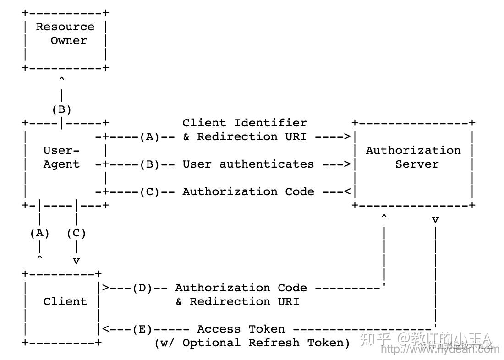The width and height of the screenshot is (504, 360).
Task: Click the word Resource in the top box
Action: click(x=65, y=27)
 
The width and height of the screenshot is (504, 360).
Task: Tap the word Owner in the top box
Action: click(x=68, y=40)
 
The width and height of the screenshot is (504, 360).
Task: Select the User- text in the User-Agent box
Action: click(x=61, y=150)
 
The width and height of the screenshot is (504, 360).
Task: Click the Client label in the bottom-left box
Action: click(x=65, y=301)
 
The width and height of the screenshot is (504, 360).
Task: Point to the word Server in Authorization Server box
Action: click(x=416, y=164)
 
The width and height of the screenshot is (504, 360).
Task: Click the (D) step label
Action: click(x=142, y=288)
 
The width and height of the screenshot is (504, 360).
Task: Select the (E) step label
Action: click(x=142, y=329)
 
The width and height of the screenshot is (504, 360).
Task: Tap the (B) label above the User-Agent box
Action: click(x=61, y=109)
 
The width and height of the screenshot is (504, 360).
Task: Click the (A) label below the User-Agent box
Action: click(x=40, y=233)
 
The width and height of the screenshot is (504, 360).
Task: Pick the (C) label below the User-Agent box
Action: click(x=76, y=233)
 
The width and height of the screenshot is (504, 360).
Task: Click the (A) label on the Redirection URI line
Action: click(x=149, y=136)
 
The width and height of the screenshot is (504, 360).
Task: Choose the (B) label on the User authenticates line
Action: click(x=149, y=164)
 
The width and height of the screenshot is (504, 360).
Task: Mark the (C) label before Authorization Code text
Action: click(x=149, y=191)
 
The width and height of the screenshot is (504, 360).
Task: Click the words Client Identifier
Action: click(x=244, y=123)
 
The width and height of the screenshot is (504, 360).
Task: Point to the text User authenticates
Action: click(x=248, y=164)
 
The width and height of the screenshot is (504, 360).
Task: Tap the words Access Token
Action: click(x=241, y=329)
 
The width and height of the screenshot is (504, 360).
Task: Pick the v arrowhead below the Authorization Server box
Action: click(x=435, y=220)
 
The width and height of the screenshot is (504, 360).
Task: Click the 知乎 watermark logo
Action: click(x=375, y=339)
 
